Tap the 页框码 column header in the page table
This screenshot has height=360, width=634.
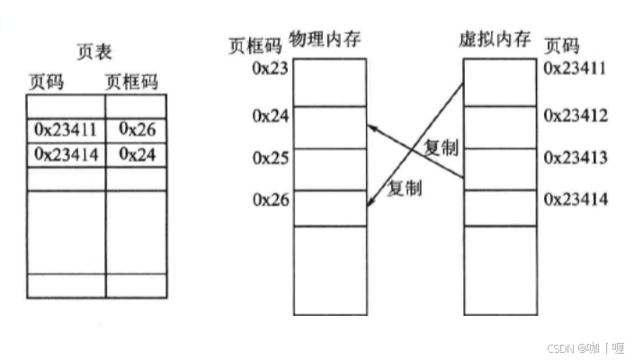coord(131,81)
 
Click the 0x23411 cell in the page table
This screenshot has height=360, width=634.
coord(65,130)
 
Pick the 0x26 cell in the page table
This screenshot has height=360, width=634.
coord(137,130)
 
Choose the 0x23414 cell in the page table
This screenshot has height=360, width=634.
coord(65,154)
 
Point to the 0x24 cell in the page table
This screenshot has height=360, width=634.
coord(137,154)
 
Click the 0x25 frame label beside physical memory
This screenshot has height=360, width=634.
coord(270,157)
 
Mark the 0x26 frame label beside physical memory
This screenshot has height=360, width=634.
coord(270,200)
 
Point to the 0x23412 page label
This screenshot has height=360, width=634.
coord(576,115)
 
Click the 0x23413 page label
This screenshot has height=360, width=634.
coord(576,157)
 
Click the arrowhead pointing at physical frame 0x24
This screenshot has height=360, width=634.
coord(373,129)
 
